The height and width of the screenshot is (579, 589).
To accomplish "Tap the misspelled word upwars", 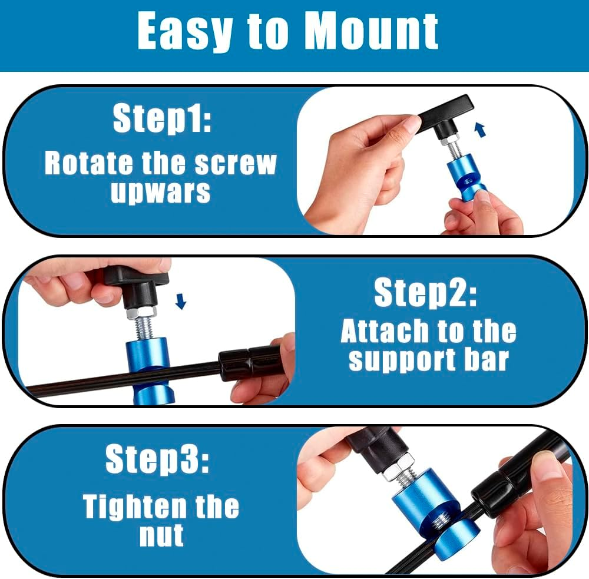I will click(160, 191).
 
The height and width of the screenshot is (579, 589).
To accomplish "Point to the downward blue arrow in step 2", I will click(181, 302).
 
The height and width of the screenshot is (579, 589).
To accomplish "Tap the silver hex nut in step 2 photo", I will click(141, 312).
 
